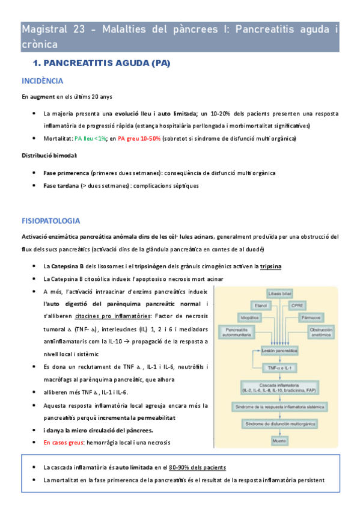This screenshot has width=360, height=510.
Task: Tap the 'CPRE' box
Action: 298,305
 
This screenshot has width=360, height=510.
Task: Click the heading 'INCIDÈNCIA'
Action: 43,81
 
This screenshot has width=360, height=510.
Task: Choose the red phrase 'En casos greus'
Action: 66,442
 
